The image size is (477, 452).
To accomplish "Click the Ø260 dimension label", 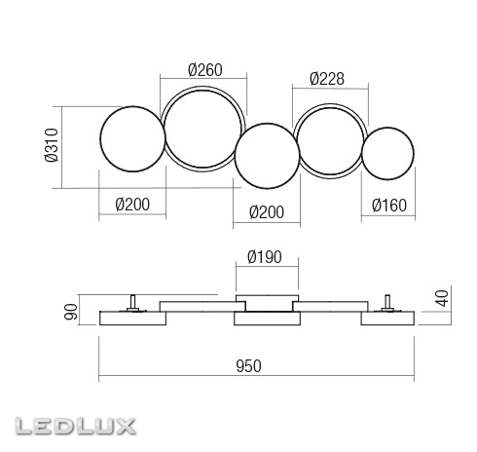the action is pos(205,70).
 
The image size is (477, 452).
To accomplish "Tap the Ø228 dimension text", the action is pos(327,79).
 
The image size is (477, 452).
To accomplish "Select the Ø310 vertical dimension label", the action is pos(52,145).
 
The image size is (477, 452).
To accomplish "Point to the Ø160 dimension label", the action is pos(389,206).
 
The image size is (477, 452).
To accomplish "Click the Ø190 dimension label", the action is pos(265,257).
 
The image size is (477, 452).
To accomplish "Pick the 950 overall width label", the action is pos(248,366).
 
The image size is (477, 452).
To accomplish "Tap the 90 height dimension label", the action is pos(71,312).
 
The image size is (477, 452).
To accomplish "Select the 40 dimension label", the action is pos(443,298).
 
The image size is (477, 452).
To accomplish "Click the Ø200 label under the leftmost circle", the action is pos(132,205).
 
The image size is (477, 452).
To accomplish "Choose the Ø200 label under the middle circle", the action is pos(267,212).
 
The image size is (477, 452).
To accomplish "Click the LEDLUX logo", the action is pos(75,427).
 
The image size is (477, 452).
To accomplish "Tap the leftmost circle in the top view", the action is pos(132,106).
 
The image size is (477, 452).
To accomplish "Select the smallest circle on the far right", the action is pos(387,128).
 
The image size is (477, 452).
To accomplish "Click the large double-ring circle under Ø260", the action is pos(202,87).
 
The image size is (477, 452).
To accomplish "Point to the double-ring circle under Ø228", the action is pos(330,104).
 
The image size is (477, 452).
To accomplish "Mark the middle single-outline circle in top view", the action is pos(267,124).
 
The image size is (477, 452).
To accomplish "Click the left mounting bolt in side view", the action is pos(132,303).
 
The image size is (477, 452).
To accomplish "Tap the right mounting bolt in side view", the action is pos(387,303).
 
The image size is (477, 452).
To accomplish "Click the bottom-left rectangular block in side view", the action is pos(132,319).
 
